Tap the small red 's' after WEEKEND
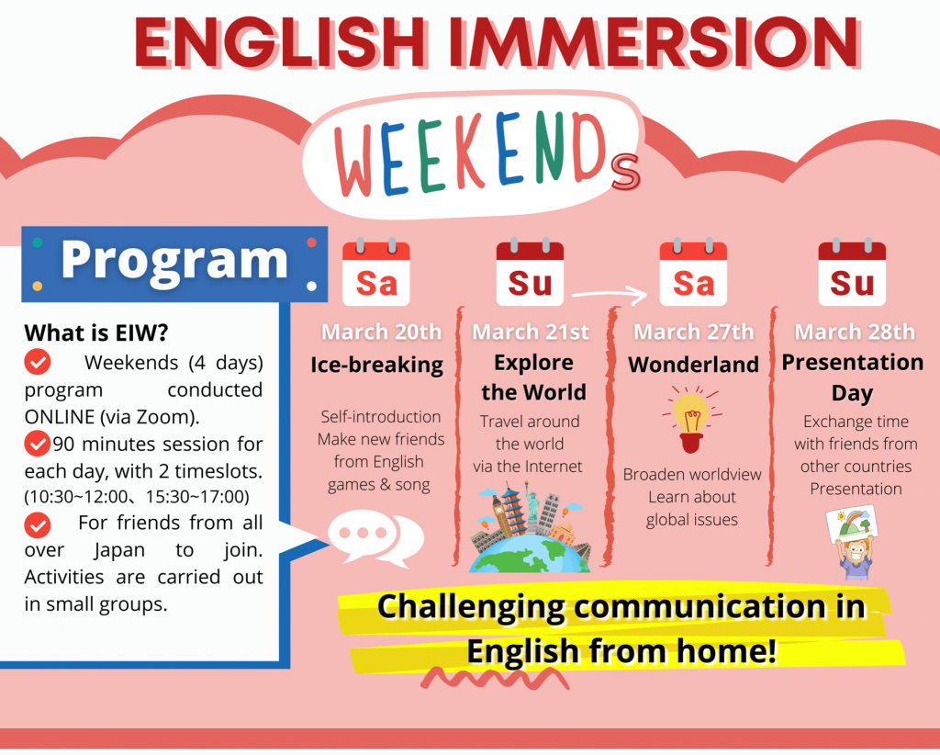click(x=626, y=172)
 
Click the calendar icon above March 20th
click(x=375, y=272)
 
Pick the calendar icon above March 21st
click(x=530, y=272)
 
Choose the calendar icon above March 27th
click(x=693, y=272)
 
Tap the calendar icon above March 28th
click(x=852, y=272)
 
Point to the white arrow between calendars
click(x=609, y=294)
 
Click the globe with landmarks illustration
click(x=530, y=530)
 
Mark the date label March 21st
click(x=531, y=332)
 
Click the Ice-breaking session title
click(x=376, y=365)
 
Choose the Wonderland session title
click(x=694, y=364)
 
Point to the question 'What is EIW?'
click(x=95, y=332)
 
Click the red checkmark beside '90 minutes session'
click(x=37, y=443)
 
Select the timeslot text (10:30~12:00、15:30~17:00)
click(x=137, y=497)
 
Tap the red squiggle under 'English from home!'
click(x=495, y=678)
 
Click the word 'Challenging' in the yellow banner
click(x=471, y=606)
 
